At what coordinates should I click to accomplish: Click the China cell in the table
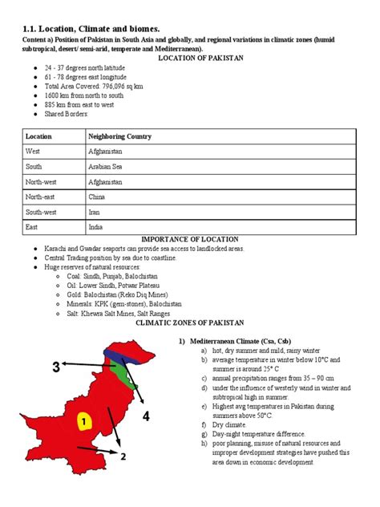pyautogui.click(x=96, y=197)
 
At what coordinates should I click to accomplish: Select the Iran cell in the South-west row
pyautogui.click(x=95, y=213)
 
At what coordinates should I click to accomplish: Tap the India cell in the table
pyautogui.click(x=95, y=228)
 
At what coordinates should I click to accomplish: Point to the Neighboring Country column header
pyautogui.click(x=119, y=136)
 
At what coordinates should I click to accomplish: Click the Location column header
pyautogui.click(x=38, y=136)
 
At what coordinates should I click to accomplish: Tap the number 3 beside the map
pyautogui.click(x=56, y=368)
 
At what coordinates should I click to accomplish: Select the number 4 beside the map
pyautogui.click(x=147, y=416)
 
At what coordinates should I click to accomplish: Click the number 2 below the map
pyautogui.click(x=124, y=457)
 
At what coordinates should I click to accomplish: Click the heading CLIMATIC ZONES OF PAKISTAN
pyautogui.click(x=190, y=322)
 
